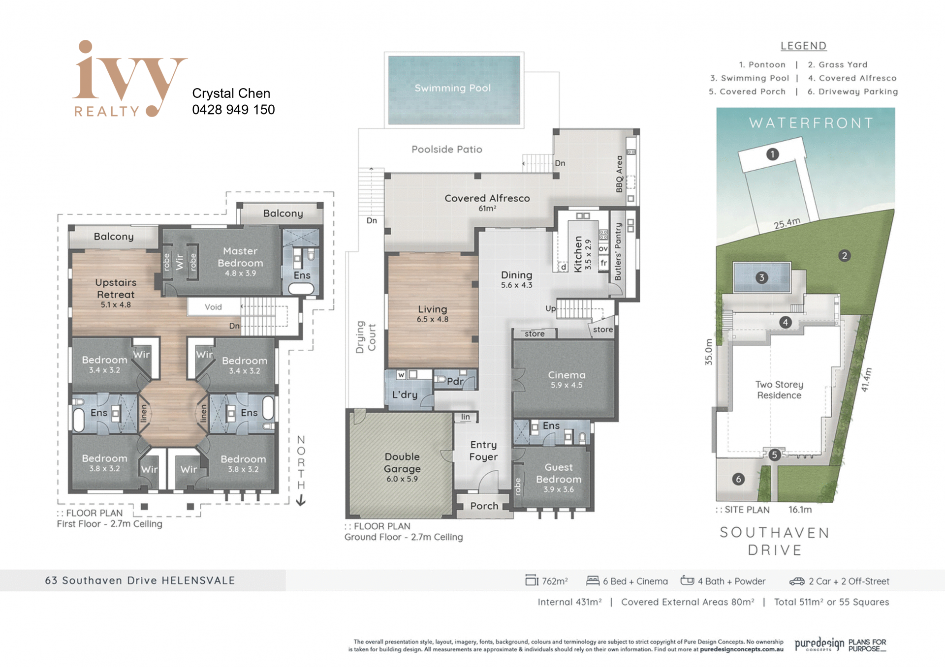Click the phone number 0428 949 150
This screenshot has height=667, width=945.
233,110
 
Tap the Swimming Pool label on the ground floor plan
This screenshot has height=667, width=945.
452,88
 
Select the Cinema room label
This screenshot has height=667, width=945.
567,375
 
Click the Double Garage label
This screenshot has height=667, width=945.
402,463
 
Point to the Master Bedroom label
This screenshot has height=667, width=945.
240,257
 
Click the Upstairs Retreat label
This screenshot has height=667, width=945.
116,288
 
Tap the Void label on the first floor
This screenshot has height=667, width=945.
213,307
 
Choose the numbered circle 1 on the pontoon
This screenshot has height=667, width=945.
772,154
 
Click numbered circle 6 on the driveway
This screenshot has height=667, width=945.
738,479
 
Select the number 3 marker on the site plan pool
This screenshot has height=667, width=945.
761,277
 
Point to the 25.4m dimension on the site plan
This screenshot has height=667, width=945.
787,223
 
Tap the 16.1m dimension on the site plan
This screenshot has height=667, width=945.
800,510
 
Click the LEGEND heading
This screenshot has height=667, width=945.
803,46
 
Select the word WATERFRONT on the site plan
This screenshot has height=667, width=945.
811,122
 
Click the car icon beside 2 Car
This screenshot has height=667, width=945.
797,581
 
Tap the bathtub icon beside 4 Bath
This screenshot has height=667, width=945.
687,580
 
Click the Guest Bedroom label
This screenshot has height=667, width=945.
558,473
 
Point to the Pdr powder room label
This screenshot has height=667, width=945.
455,381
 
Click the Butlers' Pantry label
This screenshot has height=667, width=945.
618,251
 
